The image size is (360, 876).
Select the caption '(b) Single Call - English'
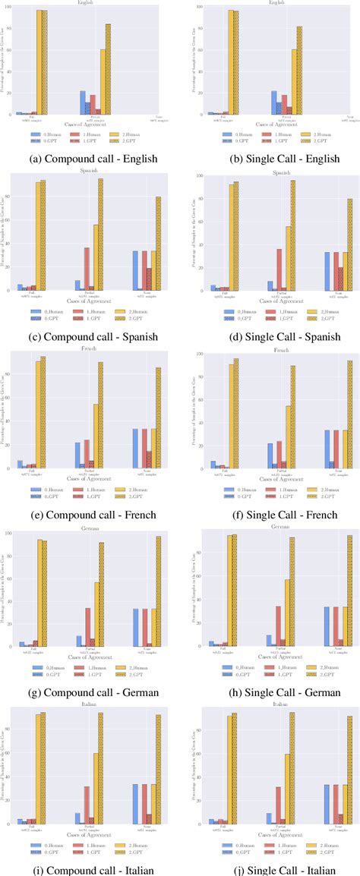[269, 159]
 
